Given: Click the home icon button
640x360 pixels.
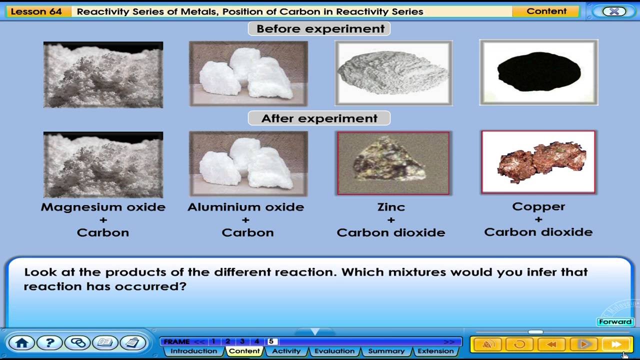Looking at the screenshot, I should (21, 343).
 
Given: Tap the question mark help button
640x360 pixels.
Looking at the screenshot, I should (49, 343).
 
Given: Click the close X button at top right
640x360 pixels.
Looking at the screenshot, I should (614, 11).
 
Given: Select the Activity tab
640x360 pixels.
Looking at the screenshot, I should (286, 351).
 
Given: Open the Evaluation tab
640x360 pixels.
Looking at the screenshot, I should (334, 351).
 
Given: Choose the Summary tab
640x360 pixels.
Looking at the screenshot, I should (386, 351).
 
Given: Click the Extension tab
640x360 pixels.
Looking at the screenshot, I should (435, 351).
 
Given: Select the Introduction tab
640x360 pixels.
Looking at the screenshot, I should (193, 351).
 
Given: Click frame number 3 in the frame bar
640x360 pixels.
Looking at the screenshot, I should (242, 341).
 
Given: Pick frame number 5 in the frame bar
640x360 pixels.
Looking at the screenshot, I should (271, 341).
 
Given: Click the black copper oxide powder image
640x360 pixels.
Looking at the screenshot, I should (538, 72).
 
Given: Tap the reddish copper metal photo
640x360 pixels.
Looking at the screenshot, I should (538, 162).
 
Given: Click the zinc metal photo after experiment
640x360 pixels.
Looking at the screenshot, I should (393, 163).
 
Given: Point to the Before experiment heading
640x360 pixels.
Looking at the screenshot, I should (320, 29).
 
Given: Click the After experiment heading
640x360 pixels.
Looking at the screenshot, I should (319, 118).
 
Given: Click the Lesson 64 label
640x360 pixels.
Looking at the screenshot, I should (36, 11).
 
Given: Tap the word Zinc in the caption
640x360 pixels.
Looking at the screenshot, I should (391, 207).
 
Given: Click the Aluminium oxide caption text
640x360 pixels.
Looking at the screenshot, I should (245, 207).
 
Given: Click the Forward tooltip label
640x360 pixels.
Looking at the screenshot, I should (615, 322).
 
